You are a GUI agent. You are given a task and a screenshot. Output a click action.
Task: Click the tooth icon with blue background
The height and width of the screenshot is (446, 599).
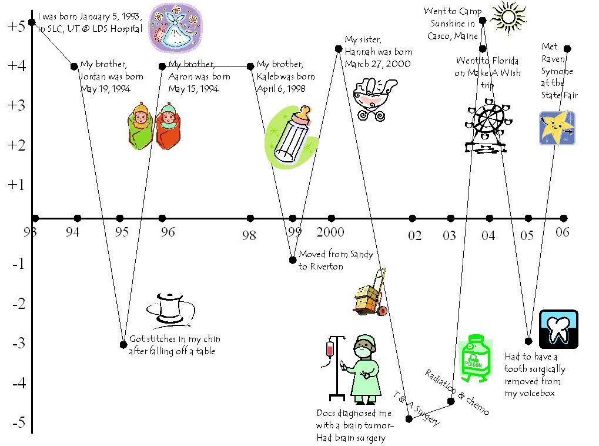click(x=558, y=329)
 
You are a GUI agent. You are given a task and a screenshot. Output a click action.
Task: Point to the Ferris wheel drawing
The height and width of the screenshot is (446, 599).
click(x=488, y=129)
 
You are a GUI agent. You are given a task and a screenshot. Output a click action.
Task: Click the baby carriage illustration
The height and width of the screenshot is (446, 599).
click(x=375, y=98)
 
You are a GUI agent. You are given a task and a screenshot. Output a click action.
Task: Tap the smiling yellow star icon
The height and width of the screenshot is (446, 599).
click(x=557, y=128)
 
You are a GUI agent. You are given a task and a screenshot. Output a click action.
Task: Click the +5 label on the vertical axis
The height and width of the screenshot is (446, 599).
click(x=15, y=26)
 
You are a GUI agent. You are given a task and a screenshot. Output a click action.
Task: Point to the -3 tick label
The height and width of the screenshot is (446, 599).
click(x=18, y=343)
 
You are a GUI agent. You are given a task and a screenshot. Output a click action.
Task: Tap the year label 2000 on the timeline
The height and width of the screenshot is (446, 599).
click(x=330, y=232)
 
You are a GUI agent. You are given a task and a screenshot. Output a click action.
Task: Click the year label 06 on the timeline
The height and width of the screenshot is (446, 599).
click(x=563, y=232)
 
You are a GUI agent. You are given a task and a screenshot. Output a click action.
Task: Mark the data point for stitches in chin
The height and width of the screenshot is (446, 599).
click(x=123, y=344)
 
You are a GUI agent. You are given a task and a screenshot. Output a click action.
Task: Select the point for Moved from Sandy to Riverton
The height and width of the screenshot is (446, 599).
click(x=293, y=259)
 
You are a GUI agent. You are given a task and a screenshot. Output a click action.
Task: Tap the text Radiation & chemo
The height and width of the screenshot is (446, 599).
click(x=457, y=392)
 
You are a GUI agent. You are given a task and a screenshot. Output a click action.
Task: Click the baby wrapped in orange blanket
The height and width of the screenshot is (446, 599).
click(x=168, y=125)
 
